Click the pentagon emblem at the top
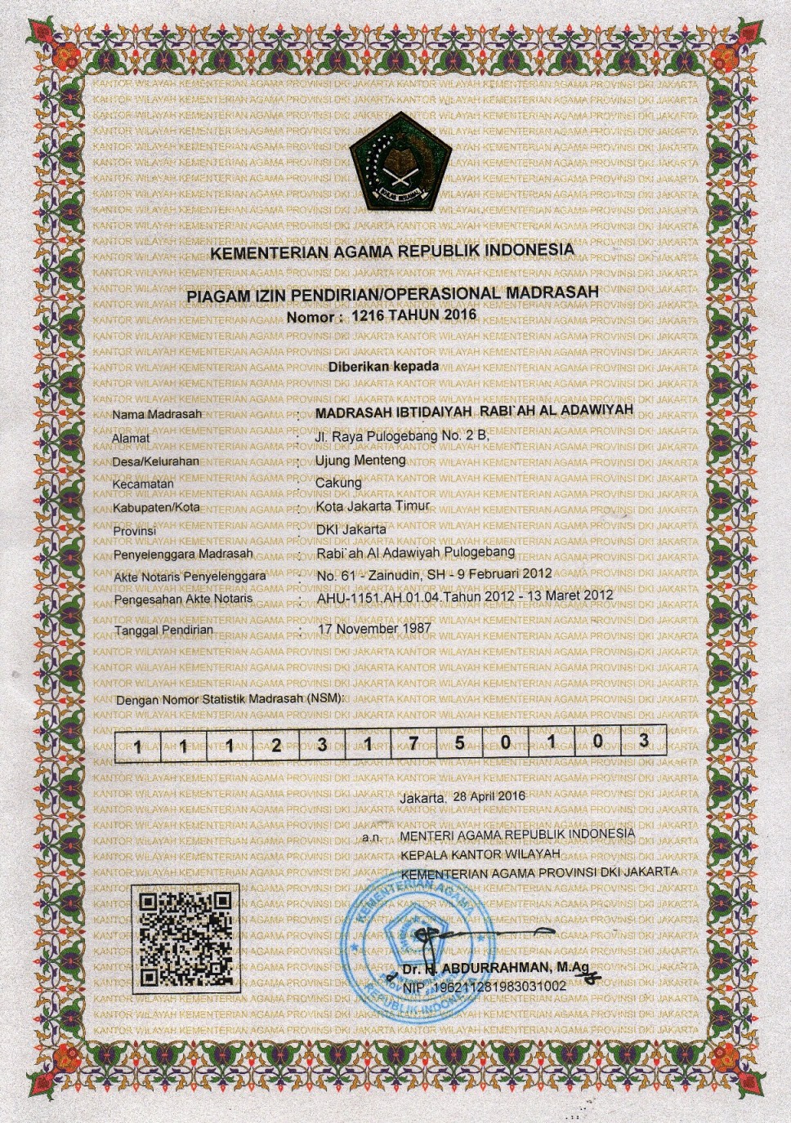(x=395, y=166)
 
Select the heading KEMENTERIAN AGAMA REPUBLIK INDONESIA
(x=391, y=251)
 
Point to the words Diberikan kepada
(x=383, y=367)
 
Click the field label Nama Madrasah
(x=157, y=414)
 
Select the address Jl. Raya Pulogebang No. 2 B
(x=401, y=435)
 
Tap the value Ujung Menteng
(x=360, y=460)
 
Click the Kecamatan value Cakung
(x=338, y=482)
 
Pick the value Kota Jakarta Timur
(x=372, y=506)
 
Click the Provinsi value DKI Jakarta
(x=351, y=528)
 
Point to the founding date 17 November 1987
(x=374, y=629)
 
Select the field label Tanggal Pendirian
(x=163, y=631)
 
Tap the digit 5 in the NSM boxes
(x=460, y=742)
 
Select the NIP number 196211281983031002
(x=496, y=986)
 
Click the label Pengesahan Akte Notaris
(x=184, y=599)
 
